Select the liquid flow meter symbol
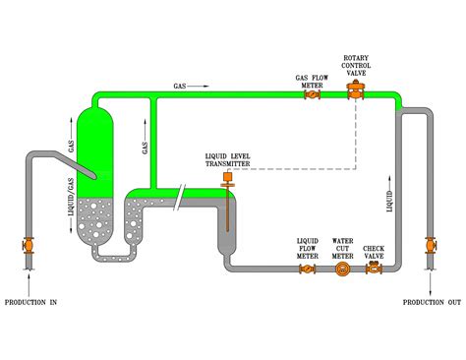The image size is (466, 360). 308,268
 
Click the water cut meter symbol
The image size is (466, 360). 341,268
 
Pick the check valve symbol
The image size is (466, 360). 374,268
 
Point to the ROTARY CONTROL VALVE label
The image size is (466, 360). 356,67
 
